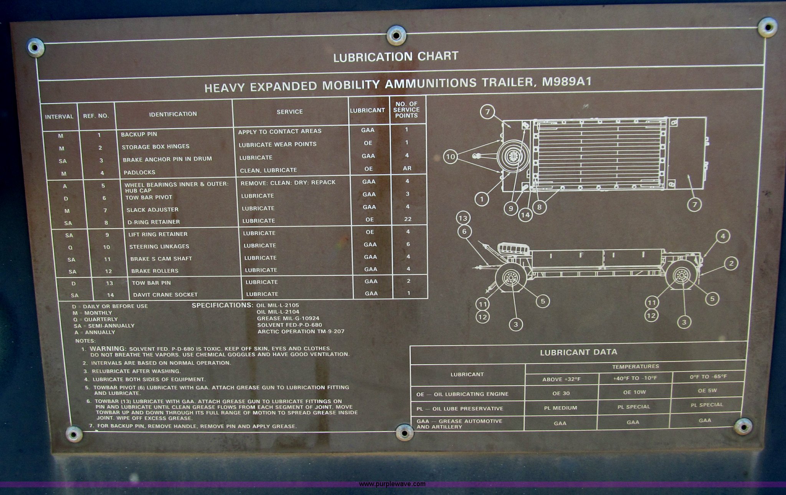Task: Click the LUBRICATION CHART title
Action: tap(396, 57)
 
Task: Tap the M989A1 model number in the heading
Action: tap(565, 82)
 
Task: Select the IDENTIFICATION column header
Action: tap(173, 114)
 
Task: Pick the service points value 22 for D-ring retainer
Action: tap(408, 219)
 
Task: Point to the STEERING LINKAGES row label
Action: tap(159, 247)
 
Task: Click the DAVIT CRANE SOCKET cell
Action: tap(165, 295)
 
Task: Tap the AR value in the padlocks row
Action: tap(407, 168)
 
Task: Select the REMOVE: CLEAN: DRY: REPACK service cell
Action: tap(288, 182)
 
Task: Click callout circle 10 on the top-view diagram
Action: tap(451, 157)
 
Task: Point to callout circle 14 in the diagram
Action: tap(525, 215)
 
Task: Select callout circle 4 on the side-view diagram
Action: tap(723, 236)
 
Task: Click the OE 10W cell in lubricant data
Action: tap(635, 392)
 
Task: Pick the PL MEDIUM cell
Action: tap(560, 408)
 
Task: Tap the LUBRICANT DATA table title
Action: tap(578, 352)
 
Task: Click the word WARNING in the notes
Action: tap(107, 349)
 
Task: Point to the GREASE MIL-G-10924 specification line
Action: tap(288, 318)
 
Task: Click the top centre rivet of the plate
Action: tap(396, 35)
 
